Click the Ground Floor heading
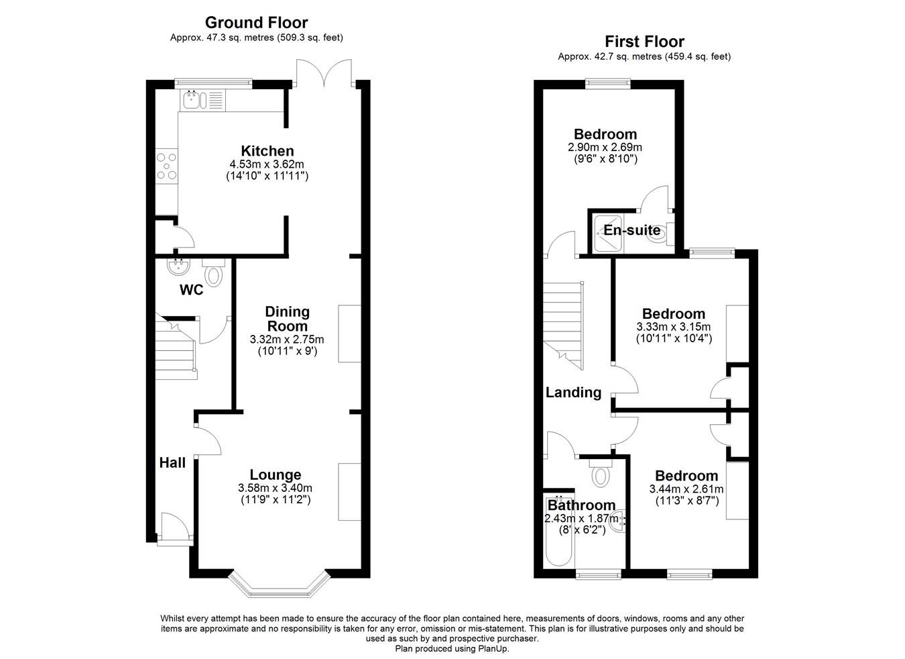pyautogui.click(x=257, y=22)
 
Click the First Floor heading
pyautogui.click(x=644, y=41)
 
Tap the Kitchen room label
pyautogui.click(x=267, y=151)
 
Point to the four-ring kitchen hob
pyautogui.click(x=167, y=166)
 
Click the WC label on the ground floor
pyautogui.click(x=192, y=290)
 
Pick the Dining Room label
pyautogui.click(x=288, y=319)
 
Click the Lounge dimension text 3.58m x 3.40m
pyautogui.click(x=275, y=489)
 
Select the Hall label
pyautogui.click(x=172, y=463)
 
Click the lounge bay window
pyautogui.click(x=278, y=585)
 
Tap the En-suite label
pyautogui.click(x=632, y=230)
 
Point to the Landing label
pyautogui.click(x=573, y=393)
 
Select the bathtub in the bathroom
pyautogui.click(x=559, y=531)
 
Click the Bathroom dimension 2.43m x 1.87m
pyautogui.click(x=582, y=518)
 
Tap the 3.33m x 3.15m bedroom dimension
pyautogui.click(x=674, y=326)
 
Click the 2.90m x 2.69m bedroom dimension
pyautogui.click(x=605, y=147)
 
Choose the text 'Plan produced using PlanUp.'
pyautogui.click(x=452, y=649)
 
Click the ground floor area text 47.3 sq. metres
pyautogui.click(x=235, y=38)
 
